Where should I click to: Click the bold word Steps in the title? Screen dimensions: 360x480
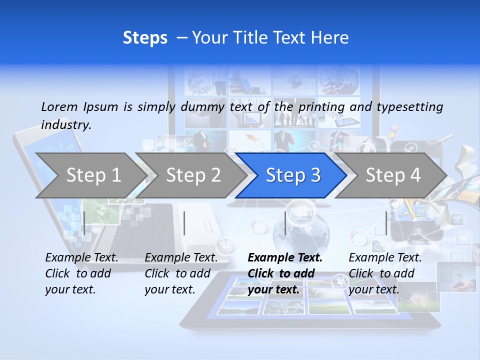[145, 38]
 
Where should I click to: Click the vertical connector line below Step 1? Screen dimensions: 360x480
[84, 223]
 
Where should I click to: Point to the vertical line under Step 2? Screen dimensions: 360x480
[184, 223]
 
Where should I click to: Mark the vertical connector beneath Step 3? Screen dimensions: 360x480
[285, 223]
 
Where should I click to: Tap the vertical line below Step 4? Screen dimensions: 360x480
[386, 223]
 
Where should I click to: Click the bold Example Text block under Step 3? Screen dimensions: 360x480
[285, 273]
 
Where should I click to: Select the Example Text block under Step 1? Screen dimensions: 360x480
[82, 273]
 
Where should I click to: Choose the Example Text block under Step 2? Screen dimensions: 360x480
[181, 273]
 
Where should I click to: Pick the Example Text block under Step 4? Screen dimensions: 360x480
[385, 273]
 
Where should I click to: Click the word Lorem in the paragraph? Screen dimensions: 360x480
[59, 106]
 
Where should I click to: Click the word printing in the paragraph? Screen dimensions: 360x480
[321, 107]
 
